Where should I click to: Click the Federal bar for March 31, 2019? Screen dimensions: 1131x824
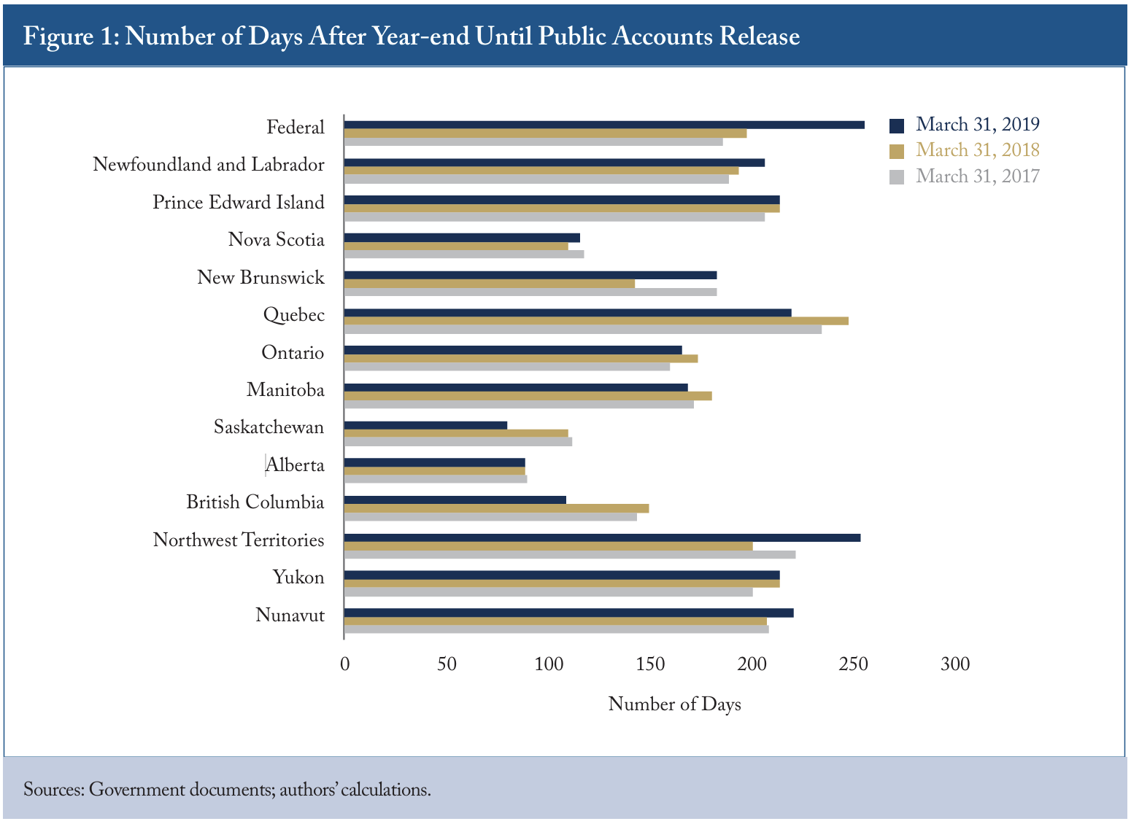(x=604, y=125)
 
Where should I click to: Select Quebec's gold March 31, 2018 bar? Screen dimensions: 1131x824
(x=596, y=321)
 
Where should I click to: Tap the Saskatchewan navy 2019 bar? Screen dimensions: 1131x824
(x=425, y=425)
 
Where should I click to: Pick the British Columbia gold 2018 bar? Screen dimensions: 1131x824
(x=496, y=508)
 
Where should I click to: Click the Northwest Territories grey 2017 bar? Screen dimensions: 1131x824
(x=570, y=554)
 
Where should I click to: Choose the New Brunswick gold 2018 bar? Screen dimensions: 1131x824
(x=490, y=284)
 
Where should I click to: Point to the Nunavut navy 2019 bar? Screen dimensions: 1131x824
(x=569, y=613)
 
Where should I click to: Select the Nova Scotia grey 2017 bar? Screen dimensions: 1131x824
(x=464, y=254)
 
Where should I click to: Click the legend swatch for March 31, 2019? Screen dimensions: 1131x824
(x=896, y=125)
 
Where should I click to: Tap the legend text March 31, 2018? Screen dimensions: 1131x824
(x=978, y=150)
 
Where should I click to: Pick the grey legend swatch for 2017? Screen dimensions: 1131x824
(x=896, y=177)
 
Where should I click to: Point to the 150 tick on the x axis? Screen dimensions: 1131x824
(x=650, y=664)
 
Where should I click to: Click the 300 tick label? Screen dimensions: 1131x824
(x=955, y=664)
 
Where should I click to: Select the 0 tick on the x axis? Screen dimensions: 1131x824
(x=345, y=664)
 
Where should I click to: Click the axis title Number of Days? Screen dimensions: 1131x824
(x=674, y=704)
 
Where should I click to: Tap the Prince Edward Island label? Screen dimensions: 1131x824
(x=239, y=202)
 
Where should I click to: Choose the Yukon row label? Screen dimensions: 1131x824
(x=298, y=578)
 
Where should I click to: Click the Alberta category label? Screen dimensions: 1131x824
(x=295, y=465)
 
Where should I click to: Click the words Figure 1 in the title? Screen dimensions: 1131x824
(x=71, y=37)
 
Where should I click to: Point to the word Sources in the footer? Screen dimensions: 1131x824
(x=53, y=790)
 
